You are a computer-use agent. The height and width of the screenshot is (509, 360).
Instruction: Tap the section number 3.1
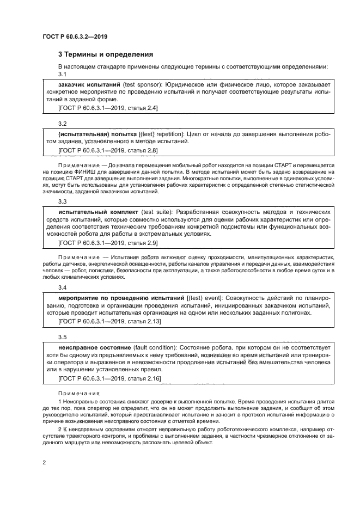62,74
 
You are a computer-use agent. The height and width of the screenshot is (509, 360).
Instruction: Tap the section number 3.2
62,124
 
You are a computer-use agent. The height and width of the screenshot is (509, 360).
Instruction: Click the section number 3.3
62,201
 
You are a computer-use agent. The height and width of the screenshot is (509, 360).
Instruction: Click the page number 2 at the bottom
44,462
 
